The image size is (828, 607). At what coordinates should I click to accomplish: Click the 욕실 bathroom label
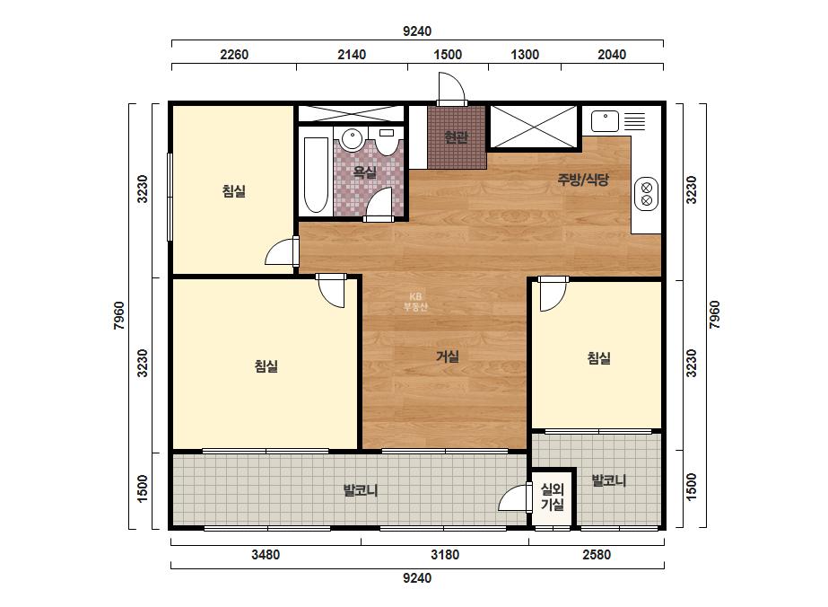pos(364,172)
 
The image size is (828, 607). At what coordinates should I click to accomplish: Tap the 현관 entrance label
pos(456,137)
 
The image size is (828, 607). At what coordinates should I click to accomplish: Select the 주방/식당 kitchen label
pos(583,180)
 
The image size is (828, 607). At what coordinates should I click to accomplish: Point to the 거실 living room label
pos(447,356)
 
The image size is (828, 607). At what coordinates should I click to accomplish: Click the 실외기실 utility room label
pos(553,497)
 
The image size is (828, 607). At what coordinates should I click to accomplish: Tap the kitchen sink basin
pos(605,121)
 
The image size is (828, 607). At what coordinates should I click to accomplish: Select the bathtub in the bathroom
pos(316,175)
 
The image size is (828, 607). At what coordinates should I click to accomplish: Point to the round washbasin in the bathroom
pos(352,138)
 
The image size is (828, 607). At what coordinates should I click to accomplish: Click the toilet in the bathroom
pos(387,142)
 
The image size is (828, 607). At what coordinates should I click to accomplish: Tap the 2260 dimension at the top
pos(234,55)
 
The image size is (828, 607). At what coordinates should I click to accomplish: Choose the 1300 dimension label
pos(525,55)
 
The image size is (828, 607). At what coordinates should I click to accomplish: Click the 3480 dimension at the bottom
pos(266,555)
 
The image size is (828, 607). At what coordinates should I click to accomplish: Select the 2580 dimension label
pos(597,555)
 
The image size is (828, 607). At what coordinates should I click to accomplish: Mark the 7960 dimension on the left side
pos(119,315)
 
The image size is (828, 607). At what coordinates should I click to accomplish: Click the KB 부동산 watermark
pos(415,302)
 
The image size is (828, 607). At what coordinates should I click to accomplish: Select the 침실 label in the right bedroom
pos(599,358)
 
